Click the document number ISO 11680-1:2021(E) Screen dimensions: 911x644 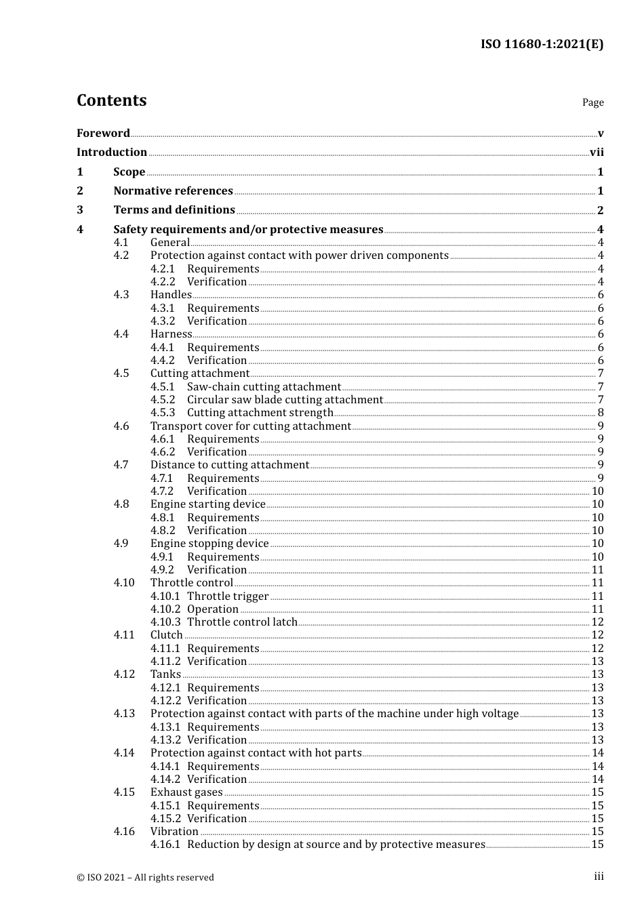[542, 44]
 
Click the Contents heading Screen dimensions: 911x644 [111, 100]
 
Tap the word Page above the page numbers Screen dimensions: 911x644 [592, 102]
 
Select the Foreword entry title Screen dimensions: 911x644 [103, 134]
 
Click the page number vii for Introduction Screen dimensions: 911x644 [597, 153]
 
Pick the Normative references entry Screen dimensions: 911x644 [173, 191]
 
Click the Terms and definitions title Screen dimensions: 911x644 [174, 210]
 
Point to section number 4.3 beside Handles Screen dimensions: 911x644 [121, 295]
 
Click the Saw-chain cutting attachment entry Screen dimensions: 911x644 [264, 387]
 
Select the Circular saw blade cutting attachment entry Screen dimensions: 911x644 [285, 400]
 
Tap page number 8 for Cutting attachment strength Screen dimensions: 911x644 [601, 413]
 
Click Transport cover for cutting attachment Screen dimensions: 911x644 [251, 426]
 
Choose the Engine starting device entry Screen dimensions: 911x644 [207, 504]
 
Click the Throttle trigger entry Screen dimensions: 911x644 [228, 596]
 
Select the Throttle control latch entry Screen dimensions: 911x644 [242, 622]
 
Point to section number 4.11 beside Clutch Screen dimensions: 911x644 [124, 635]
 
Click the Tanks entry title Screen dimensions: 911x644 [165, 674]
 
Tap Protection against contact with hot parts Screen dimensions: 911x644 [256, 753]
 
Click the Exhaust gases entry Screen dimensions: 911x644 [186, 792]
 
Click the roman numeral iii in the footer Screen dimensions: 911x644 [599, 876]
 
